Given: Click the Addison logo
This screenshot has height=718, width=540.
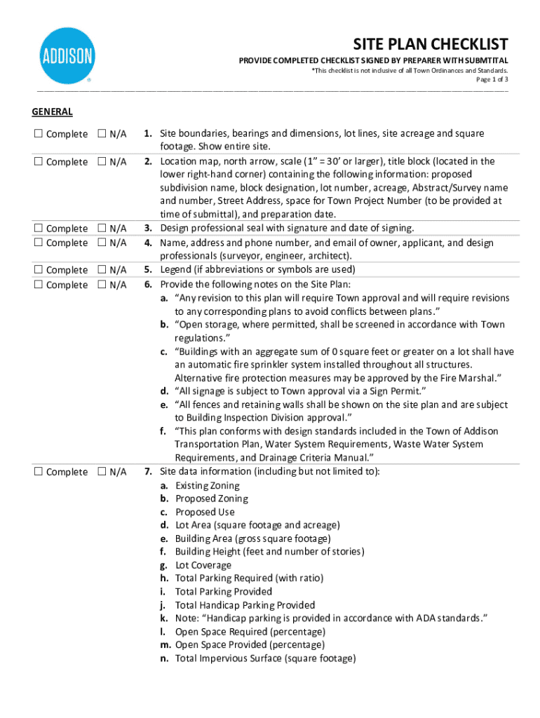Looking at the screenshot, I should pyautogui.click(x=67, y=55).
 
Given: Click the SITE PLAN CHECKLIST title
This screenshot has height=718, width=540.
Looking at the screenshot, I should pyautogui.click(x=430, y=44).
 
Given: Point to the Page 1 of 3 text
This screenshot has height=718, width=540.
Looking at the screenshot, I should pyautogui.click(x=492, y=80).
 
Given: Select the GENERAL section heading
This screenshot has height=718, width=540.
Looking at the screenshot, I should pyautogui.click(x=52, y=111).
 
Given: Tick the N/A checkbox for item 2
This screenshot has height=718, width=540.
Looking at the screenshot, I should pyautogui.click(x=102, y=162).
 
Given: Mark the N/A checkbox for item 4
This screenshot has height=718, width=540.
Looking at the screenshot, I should pyautogui.click(x=102, y=243).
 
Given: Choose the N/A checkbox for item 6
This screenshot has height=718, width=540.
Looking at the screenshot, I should pyautogui.click(x=102, y=285).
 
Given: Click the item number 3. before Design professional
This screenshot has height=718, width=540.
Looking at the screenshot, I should pyautogui.click(x=149, y=228).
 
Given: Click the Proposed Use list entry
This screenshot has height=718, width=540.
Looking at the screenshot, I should pyautogui.click(x=205, y=512).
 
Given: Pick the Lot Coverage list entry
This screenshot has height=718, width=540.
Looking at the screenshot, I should pyautogui.click(x=203, y=565).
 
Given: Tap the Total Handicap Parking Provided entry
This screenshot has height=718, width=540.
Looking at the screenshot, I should pyautogui.click(x=245, y=605).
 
